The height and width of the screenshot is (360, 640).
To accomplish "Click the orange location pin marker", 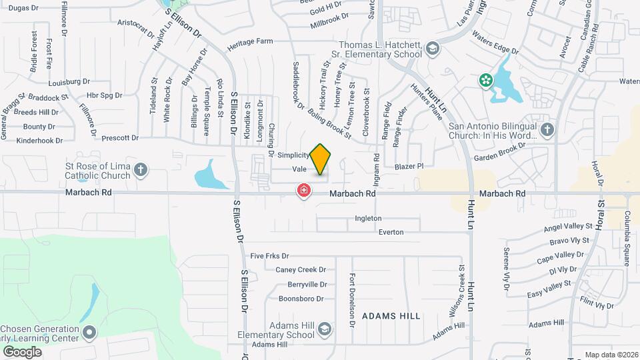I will pyautogui.click(x=321, y=159).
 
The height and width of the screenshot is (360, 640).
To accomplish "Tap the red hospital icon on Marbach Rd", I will pyautogui.click(x=304, y=191).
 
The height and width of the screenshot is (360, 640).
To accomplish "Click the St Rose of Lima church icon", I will pyautogui.click(x=140, y=169).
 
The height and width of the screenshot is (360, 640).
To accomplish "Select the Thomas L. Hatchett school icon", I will pyautogui.click(x=433, y=48).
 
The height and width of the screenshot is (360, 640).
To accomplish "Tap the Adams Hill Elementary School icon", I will pyautogui.click(x=324, y=329).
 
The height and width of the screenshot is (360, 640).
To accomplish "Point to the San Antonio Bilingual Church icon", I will pyautogui.click(x=547, y=129).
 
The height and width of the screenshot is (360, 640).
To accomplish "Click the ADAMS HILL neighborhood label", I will pyautogui.click(x=391, y=315).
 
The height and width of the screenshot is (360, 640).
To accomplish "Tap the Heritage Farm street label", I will pyautogui.click(x=250, y=41).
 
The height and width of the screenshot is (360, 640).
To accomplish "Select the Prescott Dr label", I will pyautogui.click(x=120, y=138).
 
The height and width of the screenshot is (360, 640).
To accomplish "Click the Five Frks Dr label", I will pyautogui.click(x=269, y=255).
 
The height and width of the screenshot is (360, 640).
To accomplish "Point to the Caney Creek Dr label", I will pyautogui.click(x=301, y=270).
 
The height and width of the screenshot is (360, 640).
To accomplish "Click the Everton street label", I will pyautogui.click(x=391, y=232).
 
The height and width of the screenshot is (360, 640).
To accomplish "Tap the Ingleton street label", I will pyautogui.click(x=368, y=218).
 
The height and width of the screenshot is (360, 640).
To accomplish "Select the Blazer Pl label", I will pyautogui.click(x=409, y=166).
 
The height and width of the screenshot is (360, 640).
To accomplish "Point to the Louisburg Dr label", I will pyautogui.click(x=69, y=81).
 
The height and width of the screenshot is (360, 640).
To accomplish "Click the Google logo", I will pyautogui.click(x=22, y=351).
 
